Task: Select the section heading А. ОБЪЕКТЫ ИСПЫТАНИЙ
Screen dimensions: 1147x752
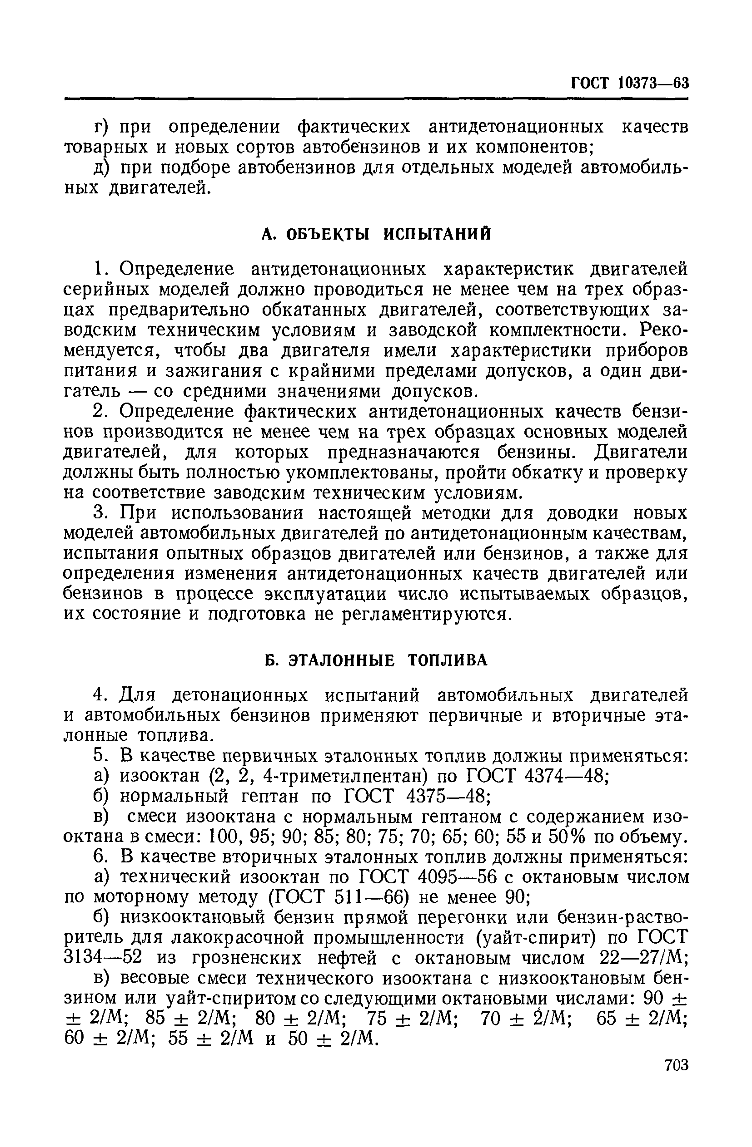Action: [x=376, y=234]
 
